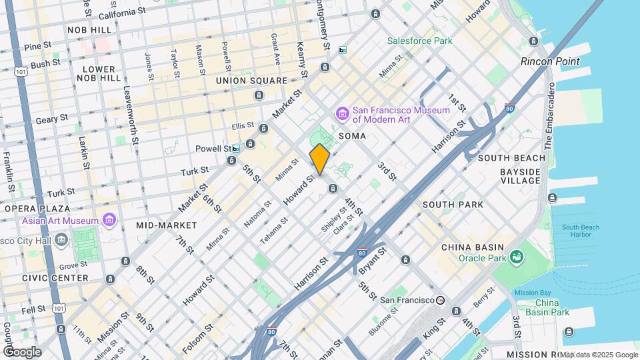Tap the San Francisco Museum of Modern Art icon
tap(343, 114)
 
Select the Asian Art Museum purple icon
tap(109, 220)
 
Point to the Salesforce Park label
tap(420, 41)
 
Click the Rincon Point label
tap(550, 61)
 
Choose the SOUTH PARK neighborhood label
tap(453, 205)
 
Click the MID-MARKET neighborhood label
tap(167, 225)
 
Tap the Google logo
tap(22, 351)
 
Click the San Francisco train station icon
tap(440, 301)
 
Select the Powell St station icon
tap(235, 149)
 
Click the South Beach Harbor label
tap(580, 231)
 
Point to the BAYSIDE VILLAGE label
tap(520, 176)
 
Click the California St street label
tap(122, 13)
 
